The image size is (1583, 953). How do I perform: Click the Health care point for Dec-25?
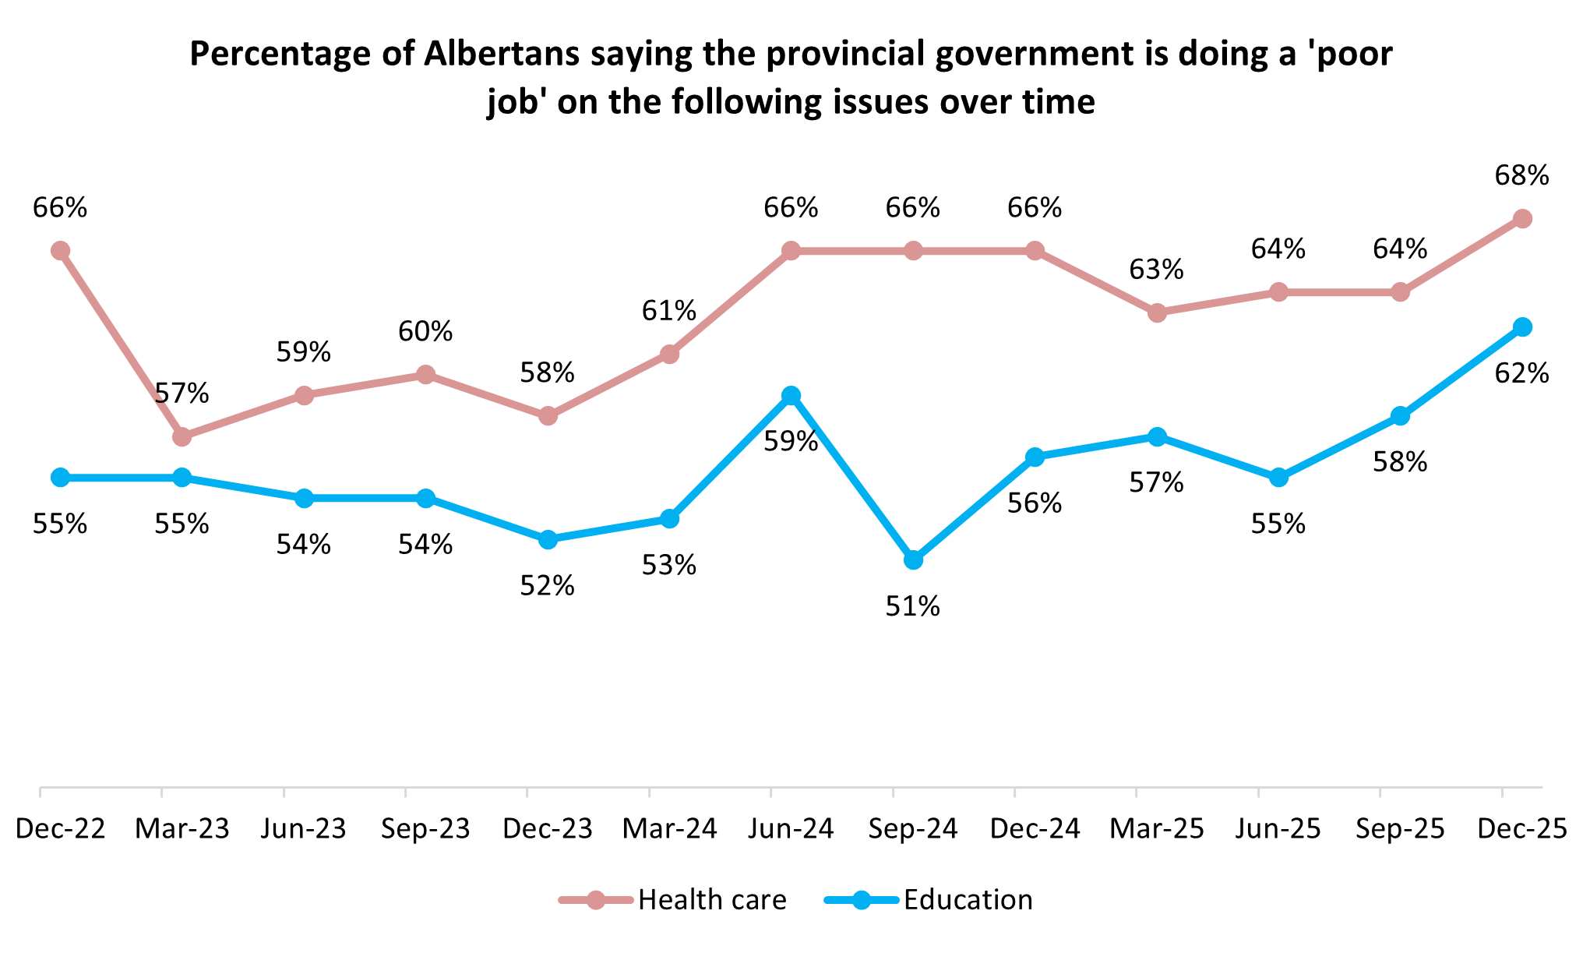tap(1522, 219)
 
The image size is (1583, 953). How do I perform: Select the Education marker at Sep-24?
tap(913, 560)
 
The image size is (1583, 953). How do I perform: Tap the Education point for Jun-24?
tap(791, 396)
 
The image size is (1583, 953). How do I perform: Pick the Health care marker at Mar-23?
tap(182, 437)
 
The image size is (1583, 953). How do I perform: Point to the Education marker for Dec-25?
tap(1522, 327)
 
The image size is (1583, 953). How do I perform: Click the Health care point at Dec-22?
tap(60, 251)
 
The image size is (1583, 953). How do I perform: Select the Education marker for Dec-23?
tap(548, 539)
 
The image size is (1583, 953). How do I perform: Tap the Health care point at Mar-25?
tap(1157, 313)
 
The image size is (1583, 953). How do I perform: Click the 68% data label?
tap(1521, 176)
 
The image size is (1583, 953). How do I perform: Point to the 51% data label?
tap(912, 606)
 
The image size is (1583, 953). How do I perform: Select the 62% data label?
tap(1521, 374)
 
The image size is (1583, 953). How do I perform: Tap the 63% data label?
tap(1156, 270)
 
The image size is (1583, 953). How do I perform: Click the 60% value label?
tap(425, 332)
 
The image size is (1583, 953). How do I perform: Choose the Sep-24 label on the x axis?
tap(913, 829)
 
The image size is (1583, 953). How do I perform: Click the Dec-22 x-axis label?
tap(60, 829)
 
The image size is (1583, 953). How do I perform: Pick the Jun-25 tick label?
tap(1278, 829)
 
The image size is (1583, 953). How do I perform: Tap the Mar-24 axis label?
tap(669, 829)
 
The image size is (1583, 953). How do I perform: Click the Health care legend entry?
tap(711, 900)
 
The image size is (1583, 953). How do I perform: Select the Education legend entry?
tap(968, 900)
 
